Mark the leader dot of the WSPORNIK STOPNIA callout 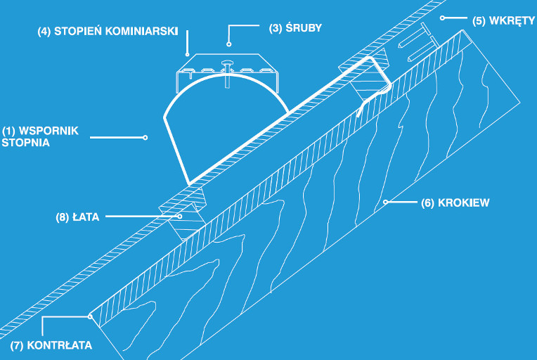145,137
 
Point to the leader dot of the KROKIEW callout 385,202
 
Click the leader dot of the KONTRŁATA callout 91,316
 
